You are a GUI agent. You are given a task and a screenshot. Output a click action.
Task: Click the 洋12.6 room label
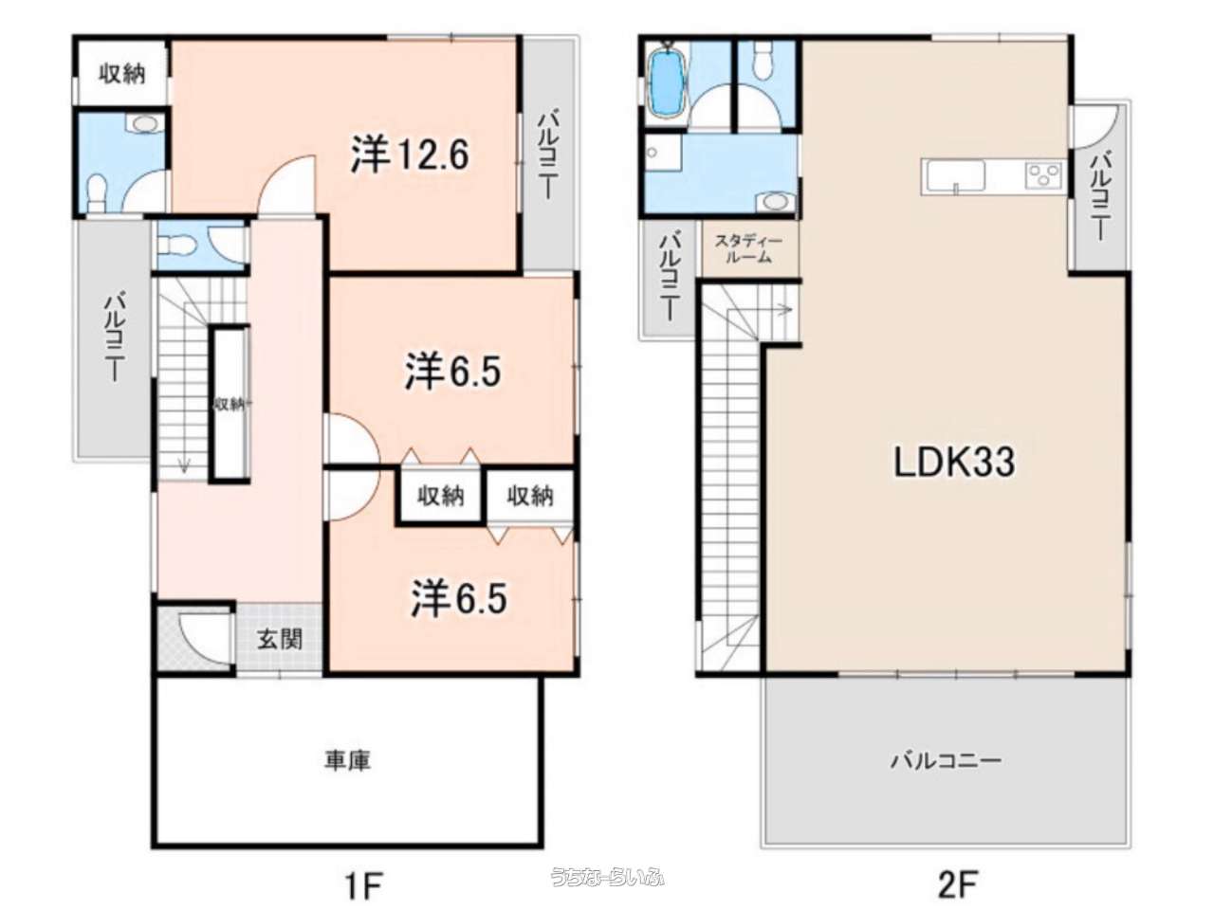(x=410, y=154)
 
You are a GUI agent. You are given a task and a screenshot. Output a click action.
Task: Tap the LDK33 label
(x=954, y=462)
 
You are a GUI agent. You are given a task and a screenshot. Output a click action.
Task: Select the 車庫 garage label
(x=348, y=760)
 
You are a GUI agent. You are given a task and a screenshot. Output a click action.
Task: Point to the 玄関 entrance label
(x=280, y=639)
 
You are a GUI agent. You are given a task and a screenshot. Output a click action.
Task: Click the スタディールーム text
(x=748, y=249)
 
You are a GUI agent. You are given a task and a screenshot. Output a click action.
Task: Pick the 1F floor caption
(x=362, y=885)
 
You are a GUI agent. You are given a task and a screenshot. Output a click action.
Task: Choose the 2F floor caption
(x=958, y=885)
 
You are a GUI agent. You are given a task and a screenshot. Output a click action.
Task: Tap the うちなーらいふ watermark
(x=607, y=877)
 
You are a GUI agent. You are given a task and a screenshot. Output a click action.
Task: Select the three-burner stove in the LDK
(x=1043, y=175)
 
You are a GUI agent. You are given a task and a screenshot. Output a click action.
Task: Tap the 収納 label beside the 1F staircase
(x=230, y=405)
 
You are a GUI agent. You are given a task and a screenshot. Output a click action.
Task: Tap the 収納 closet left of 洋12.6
(x=121, y=72)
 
